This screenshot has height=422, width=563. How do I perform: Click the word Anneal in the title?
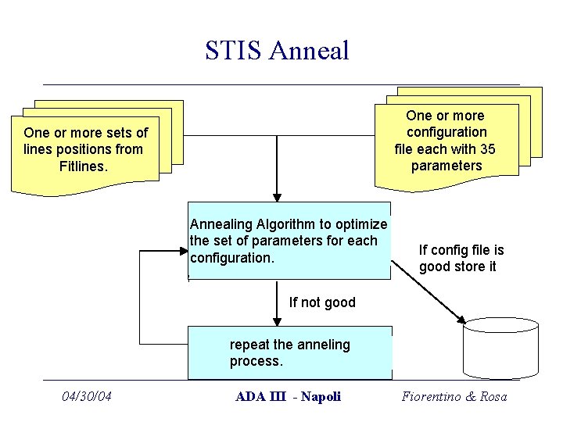(309, 51)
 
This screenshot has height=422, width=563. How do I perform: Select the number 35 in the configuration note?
(486, 148)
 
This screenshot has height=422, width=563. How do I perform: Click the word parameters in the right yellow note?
(446, 166)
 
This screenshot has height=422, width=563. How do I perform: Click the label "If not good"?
(321, 302)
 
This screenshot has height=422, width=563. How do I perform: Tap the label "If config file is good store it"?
(461, 259)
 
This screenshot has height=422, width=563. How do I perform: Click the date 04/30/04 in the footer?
(87, 396)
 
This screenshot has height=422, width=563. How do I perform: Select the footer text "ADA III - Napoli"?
(288, 396)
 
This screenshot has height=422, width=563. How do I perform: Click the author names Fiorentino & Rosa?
(454, 396)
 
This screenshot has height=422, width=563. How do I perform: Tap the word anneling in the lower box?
(324, 345)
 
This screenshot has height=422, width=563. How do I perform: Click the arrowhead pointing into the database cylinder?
(461, 320)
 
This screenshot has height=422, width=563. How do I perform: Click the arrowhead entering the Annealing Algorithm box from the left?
(184, 252)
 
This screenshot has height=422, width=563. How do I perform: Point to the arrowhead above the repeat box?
(277, 321)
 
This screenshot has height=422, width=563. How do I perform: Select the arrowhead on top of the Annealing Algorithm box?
(277, 198)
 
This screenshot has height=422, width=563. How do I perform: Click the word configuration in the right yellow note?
(446, 132)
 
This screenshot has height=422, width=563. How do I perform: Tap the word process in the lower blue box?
(254, 361)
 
